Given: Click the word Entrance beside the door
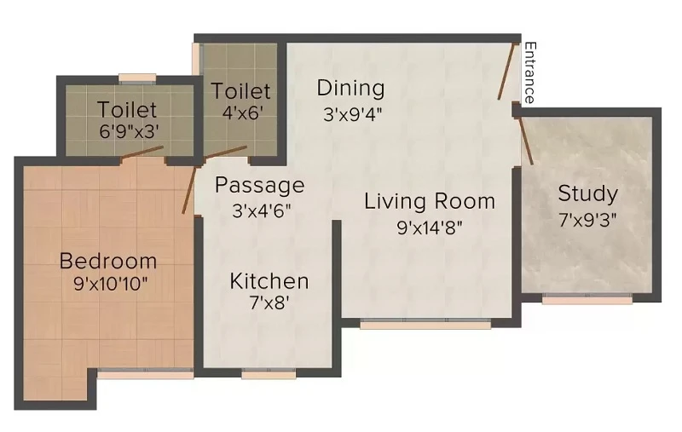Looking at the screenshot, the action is click(529, 72).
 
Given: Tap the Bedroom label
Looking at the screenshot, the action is click(108, 262).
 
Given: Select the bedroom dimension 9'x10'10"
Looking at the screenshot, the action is click(111, 284).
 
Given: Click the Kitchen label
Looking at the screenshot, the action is click(269, 281).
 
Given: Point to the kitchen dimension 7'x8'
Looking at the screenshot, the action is click(269, 302).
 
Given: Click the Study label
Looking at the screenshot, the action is click(587, 193).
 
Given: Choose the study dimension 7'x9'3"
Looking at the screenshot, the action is click(587, 220).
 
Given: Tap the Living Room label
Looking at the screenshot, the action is click(430, 202).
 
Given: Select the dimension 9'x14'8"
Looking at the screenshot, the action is click(430, 227).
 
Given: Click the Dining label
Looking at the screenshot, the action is click(350, 89).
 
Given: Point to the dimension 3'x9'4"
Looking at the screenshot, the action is click(352, 114).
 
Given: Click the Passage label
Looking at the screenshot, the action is click(260, 186).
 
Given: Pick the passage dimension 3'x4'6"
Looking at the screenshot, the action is click(261, 210).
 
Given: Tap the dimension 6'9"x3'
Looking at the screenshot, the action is click(129, 131).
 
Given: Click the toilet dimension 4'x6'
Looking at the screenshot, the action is click(243, 113).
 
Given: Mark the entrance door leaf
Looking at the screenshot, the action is click(507, 72).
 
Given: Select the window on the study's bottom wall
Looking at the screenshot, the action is click(587, 298).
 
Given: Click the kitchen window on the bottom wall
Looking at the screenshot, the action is click(269, 373).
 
